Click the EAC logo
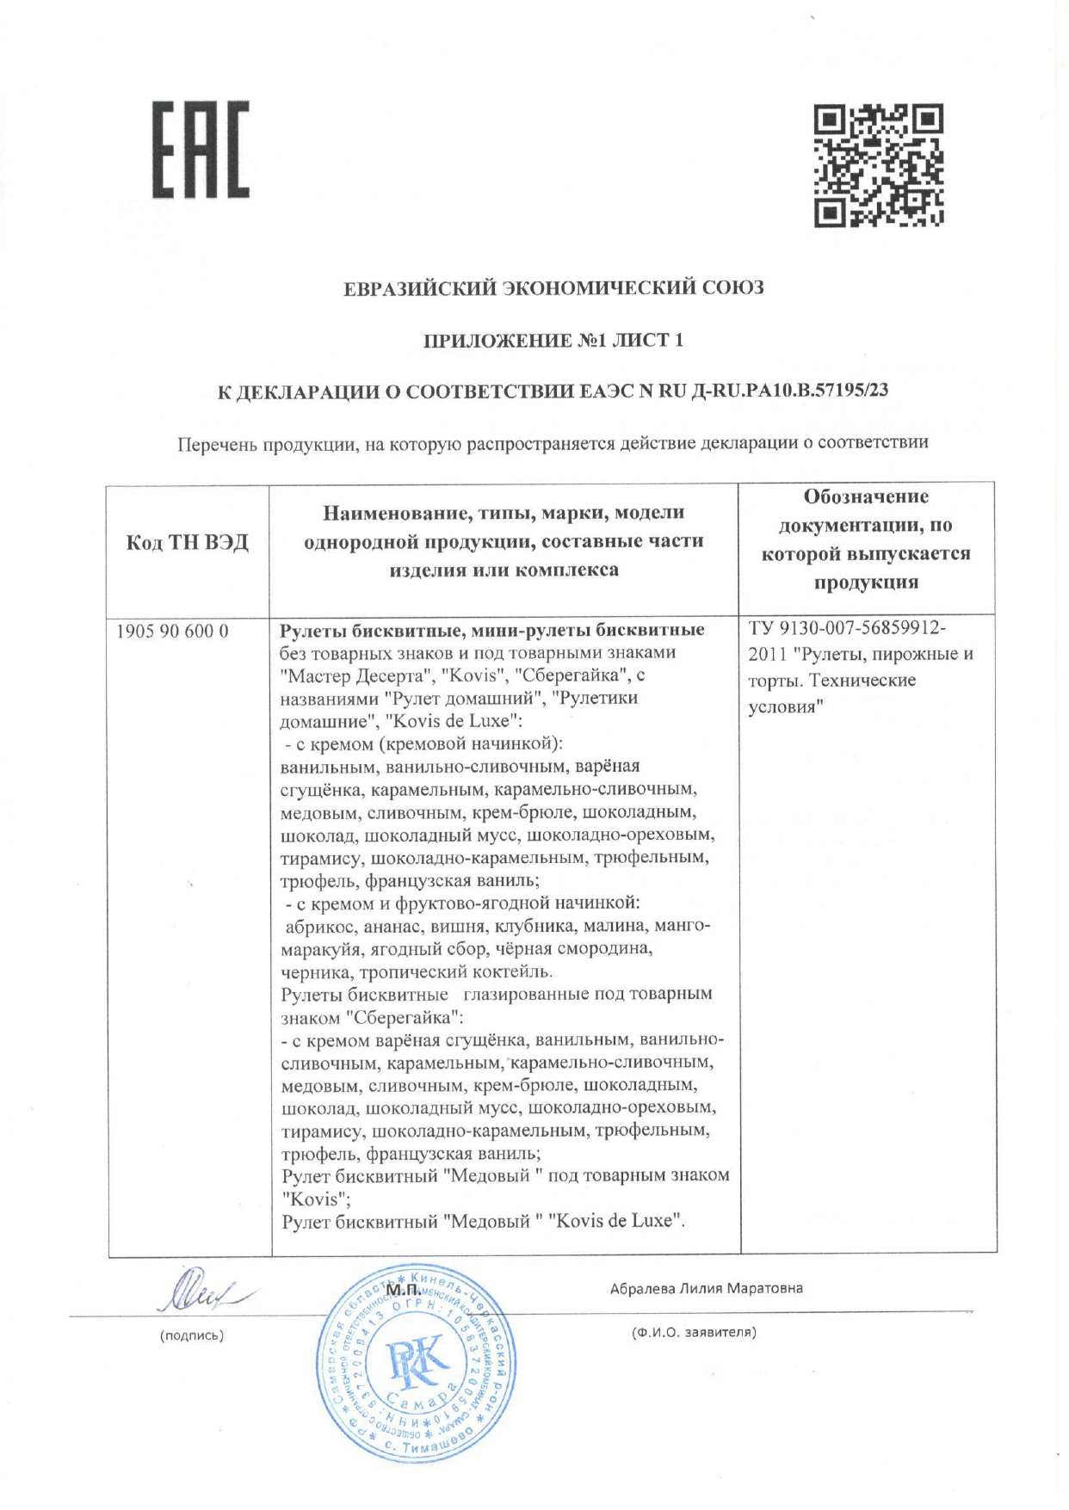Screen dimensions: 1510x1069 click(201, 150)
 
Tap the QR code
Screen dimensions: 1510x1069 click(879, 165)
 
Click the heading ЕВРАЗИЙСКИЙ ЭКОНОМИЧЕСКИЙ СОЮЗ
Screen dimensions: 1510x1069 click(553, 287)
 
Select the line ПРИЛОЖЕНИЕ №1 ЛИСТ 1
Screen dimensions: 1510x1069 click(553, 340)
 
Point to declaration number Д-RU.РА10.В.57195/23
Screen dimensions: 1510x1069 click(789, 390)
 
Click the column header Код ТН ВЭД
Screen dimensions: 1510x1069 click(188, 542)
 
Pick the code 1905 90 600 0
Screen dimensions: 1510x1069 click(172, 631)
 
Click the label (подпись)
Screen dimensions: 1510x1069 click(191, 1335)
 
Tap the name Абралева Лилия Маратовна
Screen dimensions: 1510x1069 click(706, 1288)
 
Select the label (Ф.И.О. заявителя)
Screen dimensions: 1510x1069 click(694, 1332)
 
